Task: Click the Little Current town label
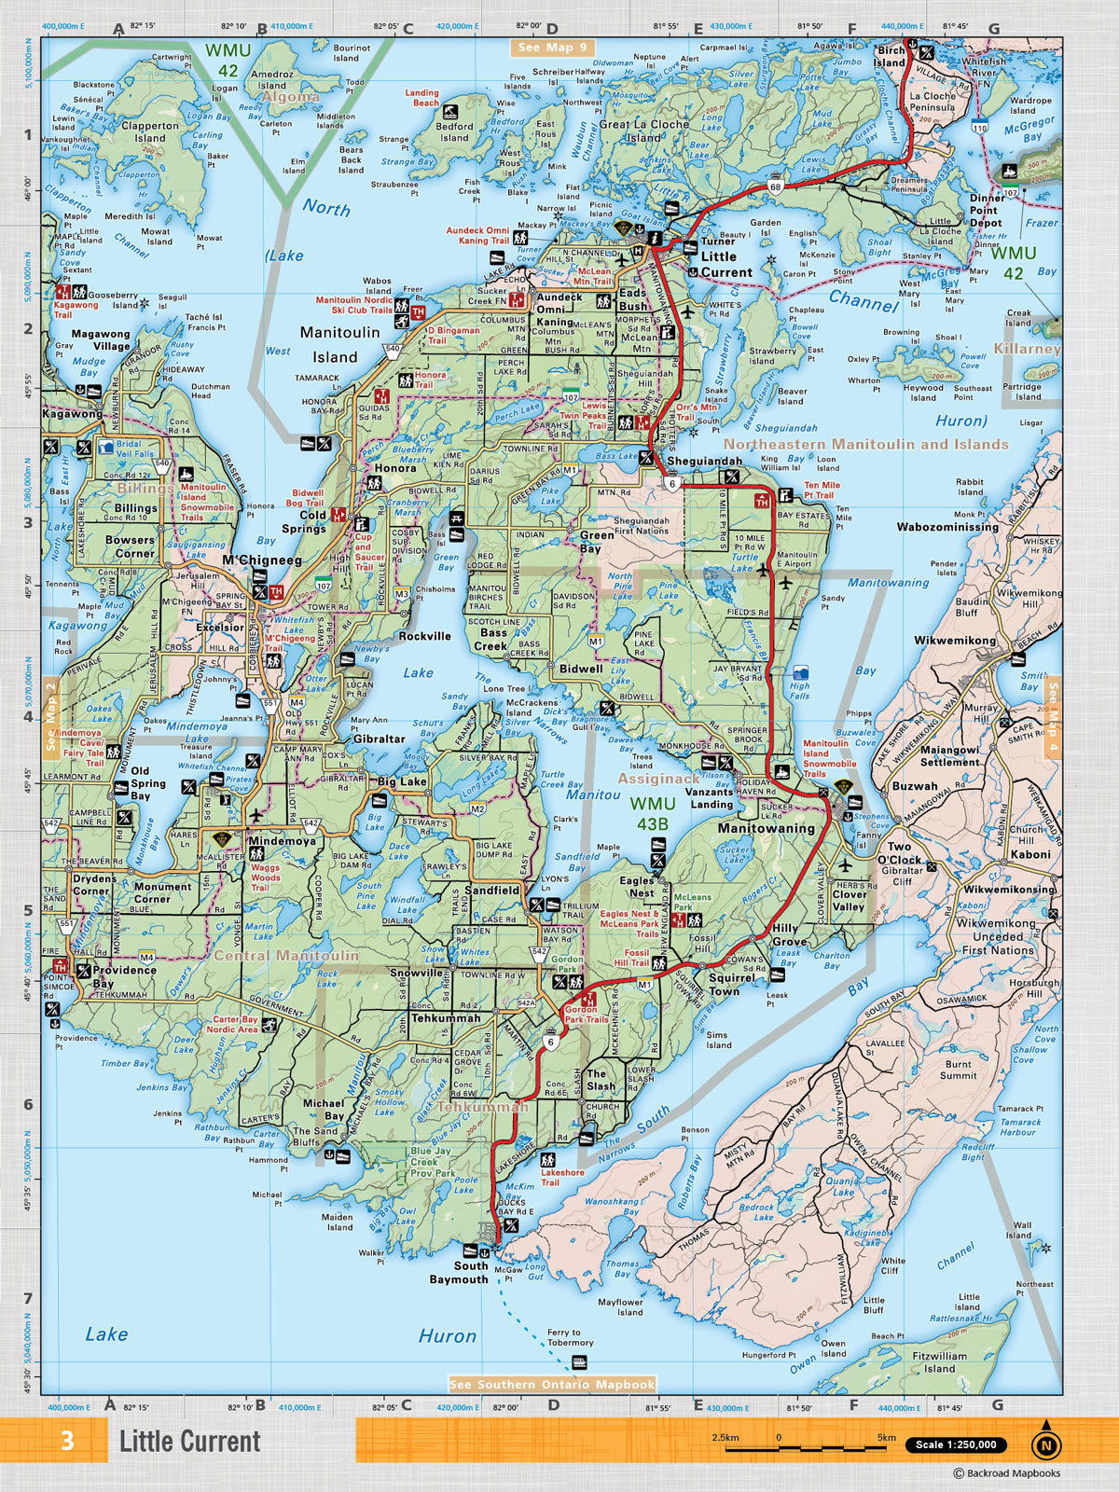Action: click(725, 264)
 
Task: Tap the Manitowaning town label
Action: click(766, 828)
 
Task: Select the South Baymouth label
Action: click(459, 1273)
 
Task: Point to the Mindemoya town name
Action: click(282, 840)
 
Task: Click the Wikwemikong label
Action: click(955, 641)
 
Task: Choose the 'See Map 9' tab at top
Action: click(553, 48)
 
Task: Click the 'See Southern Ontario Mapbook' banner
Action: click(552, 1384)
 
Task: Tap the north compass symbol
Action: click(1046, 1444)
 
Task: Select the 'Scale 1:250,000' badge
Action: click(956, 1444)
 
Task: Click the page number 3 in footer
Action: click(67, 1441)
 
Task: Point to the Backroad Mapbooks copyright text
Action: click(1006, 1473)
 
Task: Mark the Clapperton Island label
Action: click(149, 131)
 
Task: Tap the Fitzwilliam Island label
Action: click(939, 1362)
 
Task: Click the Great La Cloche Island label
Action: click(643, 131)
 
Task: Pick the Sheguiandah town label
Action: click(704, 461)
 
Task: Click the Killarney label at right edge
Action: click(1027, 348)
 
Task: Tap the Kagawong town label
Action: click(72, 413)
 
